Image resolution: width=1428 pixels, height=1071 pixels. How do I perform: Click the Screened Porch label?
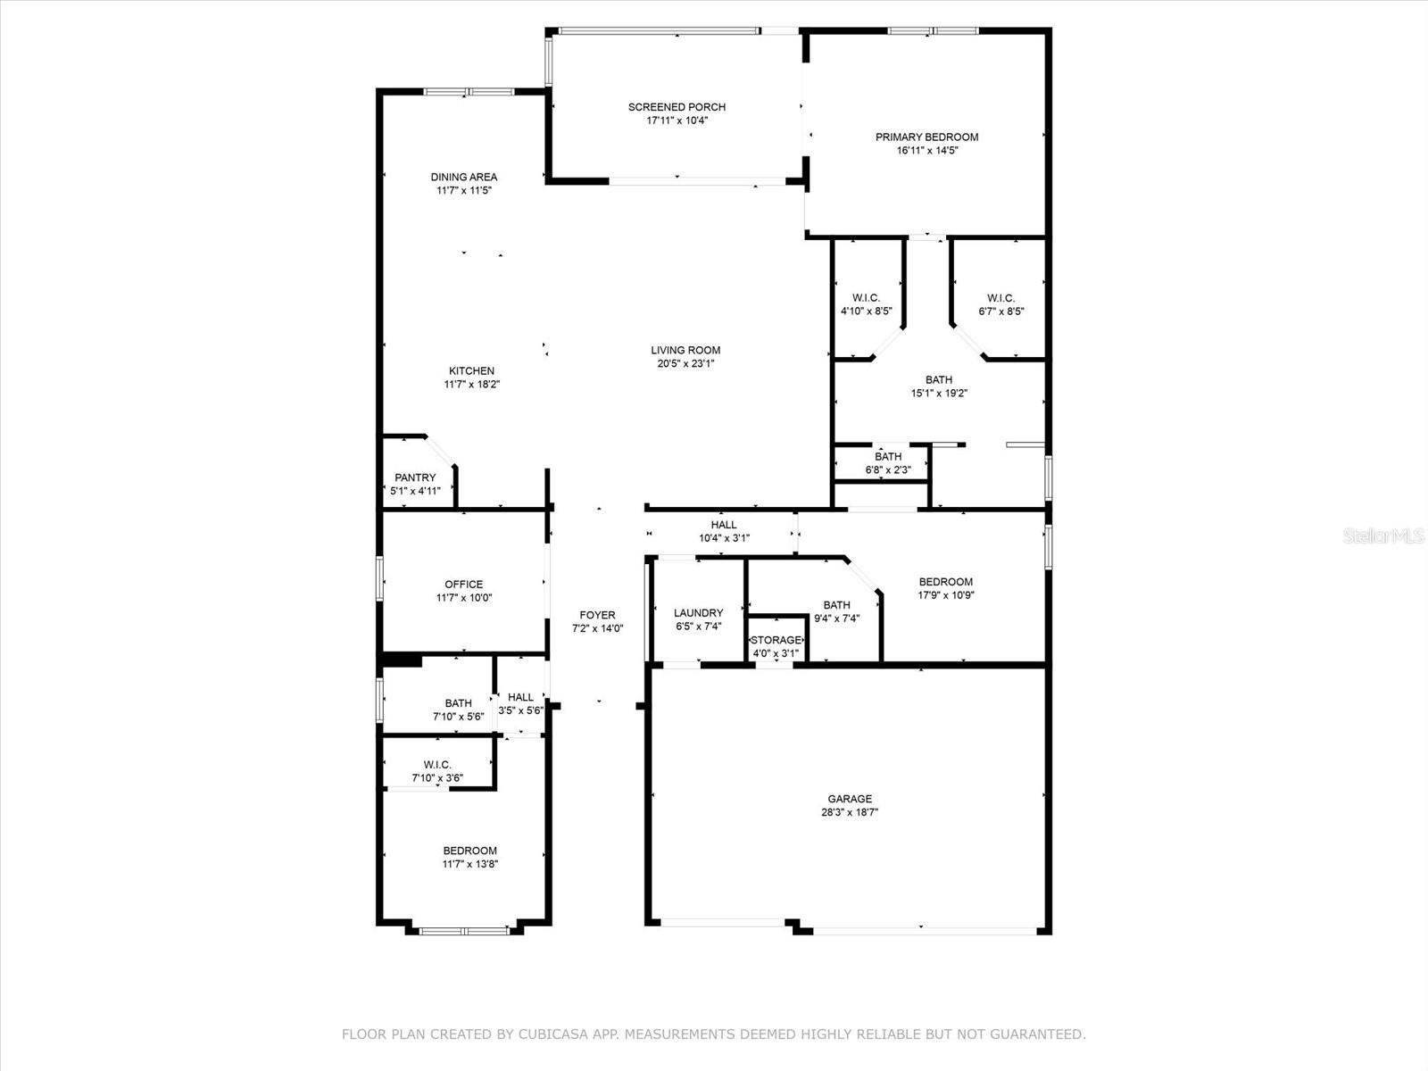click(x=677, y=107)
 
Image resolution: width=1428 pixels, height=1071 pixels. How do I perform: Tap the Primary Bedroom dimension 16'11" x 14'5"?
click(x=926, y=151)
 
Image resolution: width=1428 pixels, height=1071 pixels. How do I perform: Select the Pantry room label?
click(x=415, y=477)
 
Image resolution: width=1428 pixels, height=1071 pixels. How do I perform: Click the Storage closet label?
click(x=776, y=641)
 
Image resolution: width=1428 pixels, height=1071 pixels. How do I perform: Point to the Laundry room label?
click(x=698, y=613)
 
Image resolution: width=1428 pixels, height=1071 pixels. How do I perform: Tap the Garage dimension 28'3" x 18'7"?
click(x=850, y=813)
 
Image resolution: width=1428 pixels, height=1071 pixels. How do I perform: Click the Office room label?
click(x=463, y=585)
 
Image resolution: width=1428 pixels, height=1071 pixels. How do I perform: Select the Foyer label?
click(x=597, y=615)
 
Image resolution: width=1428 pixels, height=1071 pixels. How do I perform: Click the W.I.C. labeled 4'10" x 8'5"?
click(x=866, y=298)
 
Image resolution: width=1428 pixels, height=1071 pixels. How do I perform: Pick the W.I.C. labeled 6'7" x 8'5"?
click(x=1000, y=298)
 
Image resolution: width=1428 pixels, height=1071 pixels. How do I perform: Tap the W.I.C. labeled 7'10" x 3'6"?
click(x=437, y=765)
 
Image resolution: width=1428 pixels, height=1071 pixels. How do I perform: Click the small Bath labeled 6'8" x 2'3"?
click(x=888, y=457)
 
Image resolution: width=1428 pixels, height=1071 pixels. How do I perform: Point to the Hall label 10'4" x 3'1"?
click(x=724, y=525)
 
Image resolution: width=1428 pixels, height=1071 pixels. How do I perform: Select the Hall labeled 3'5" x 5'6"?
click(x=520, y=697)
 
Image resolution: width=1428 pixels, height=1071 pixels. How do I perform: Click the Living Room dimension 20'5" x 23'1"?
click(x=685, y=364)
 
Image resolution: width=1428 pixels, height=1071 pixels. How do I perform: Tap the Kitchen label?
click(x=471, y=371)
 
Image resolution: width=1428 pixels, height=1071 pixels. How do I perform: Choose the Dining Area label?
click(x=463, y=177)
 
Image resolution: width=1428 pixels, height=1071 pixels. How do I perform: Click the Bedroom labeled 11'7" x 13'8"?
click(x=469, y=851)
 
